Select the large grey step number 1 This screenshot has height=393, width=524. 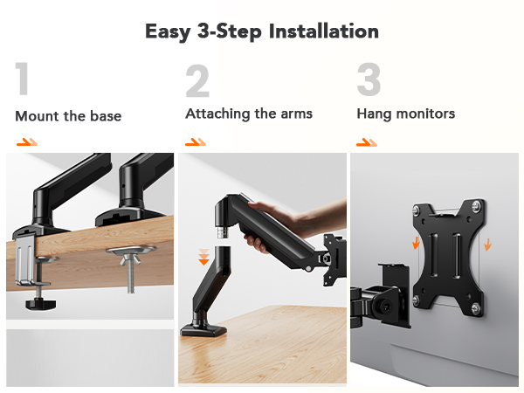tap(23, 80)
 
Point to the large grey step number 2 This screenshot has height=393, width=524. tap(197, 80)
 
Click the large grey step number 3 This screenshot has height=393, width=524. tap(369, 80)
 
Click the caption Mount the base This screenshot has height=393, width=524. tap(68, 115)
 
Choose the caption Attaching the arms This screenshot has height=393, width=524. tap(248, 114)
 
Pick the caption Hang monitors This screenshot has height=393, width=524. tap(405, 114)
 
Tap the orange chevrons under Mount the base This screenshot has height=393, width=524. tap(27, 141)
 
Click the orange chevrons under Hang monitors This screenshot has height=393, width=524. tap(367, 141)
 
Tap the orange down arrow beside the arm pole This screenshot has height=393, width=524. tap(203, 257)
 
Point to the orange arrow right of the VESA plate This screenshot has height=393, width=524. tap(487, 242)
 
